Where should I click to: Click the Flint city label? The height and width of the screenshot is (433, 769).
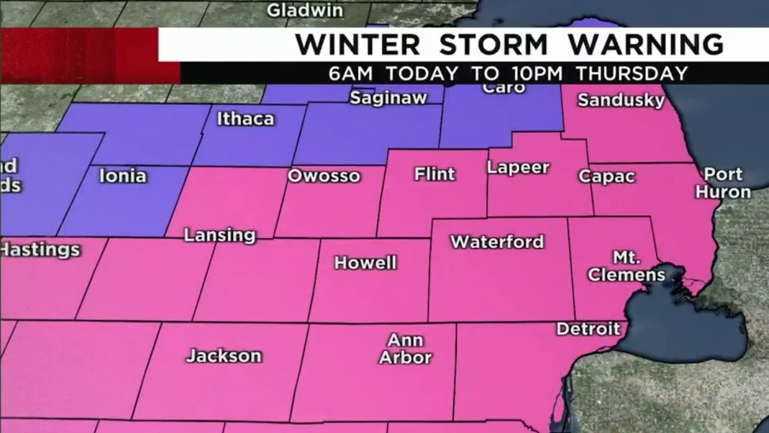[x=434, y=174]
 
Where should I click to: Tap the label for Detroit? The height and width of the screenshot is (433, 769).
[x=588, y=329]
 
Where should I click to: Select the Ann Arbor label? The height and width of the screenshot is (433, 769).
[x=405, y=349]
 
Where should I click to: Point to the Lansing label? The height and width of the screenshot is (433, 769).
[x=219, y=235]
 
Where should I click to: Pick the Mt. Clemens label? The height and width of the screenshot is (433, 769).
[x=626, y=267]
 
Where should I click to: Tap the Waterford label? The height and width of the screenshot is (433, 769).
[x=497, y=242]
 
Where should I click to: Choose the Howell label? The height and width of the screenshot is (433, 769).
[x=365, y=263]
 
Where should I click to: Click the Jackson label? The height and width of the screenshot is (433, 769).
[x=223, y=355]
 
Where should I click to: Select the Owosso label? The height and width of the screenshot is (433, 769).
[x=324, y=176]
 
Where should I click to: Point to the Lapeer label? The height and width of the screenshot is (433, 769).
[x=518, y=168]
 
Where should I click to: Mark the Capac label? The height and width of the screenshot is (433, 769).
[x=606, y=177]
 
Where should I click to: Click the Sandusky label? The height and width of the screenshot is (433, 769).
[x=621, y=100]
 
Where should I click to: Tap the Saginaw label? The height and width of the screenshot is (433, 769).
[x=388, y=98]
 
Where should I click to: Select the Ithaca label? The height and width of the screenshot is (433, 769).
[x=245, y=118]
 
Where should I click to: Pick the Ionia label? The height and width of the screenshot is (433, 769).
[x=123, y=176]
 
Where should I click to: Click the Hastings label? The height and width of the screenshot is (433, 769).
[x=40, y=250]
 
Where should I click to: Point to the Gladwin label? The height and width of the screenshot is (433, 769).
[x=305, y=10]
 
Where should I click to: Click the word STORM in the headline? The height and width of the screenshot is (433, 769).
[x=493, y=45]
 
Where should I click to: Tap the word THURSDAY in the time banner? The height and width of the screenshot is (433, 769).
[x=631, y=73]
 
